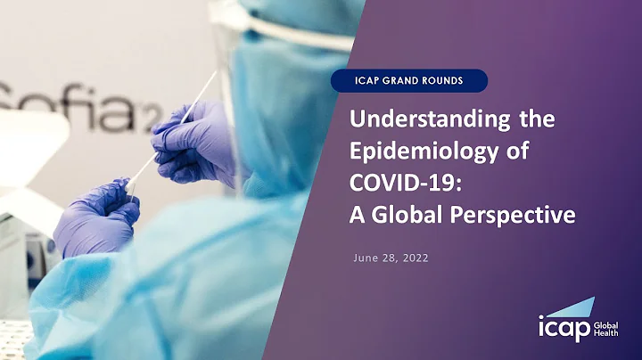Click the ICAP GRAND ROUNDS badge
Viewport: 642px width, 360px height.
coord(409,80)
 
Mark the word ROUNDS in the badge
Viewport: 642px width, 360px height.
coord(449,80)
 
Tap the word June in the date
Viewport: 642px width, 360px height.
coord(368,258)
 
